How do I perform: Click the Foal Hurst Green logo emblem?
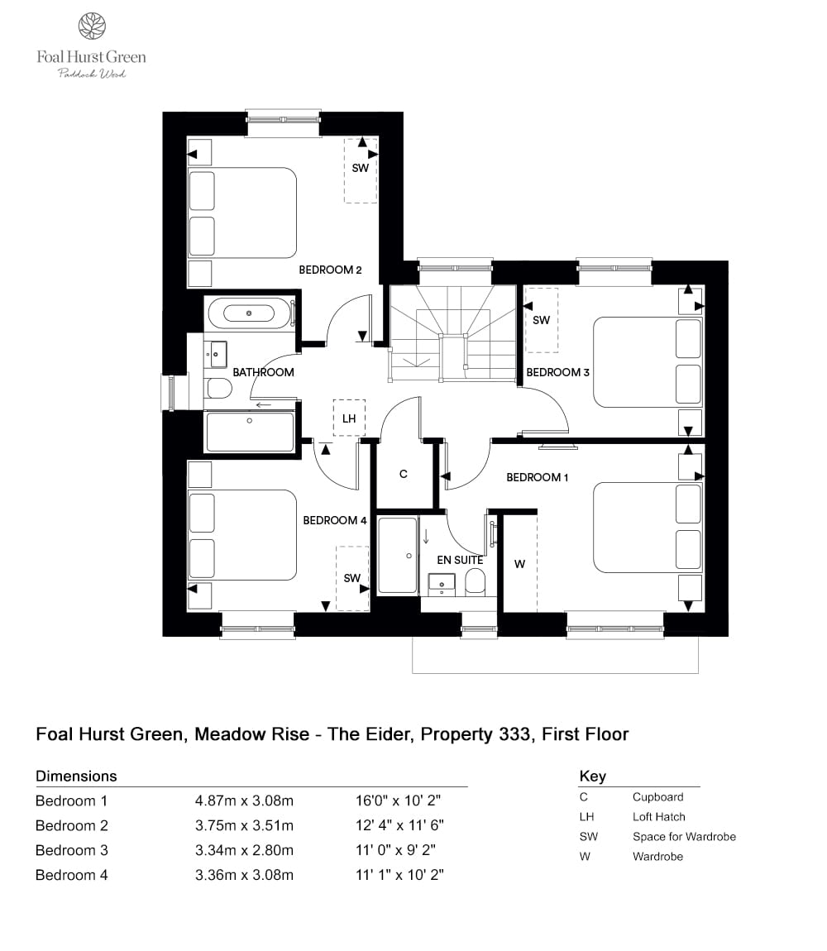(x=91, y=26)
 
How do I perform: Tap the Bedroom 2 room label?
(x=330, y=270)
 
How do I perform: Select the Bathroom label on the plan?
(x=263, y=372)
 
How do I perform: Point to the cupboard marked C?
(x=404, y=475)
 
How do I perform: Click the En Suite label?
(x=460, y=560)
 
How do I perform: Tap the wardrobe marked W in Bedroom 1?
(x=519, y=564)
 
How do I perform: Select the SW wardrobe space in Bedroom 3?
(x=542, y=320)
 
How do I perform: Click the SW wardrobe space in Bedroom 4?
(x=352, y=578)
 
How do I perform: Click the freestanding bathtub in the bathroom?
(x=249, y=313)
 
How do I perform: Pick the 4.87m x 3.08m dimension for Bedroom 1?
(x=244, y=800)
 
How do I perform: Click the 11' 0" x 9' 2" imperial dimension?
(x=399, y=850)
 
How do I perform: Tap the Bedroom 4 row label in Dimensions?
(x=72, y=875)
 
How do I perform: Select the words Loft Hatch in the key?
(x=659, y=816)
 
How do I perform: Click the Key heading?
(x=592, y=776)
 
